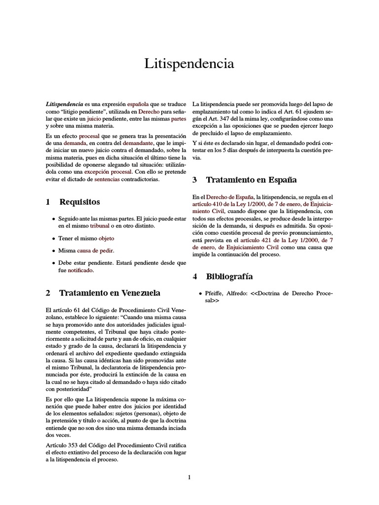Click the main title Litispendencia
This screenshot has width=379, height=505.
pyautogui.click(x=189, y=64)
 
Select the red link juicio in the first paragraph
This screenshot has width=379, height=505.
pyautogui.click(x=95, y=119)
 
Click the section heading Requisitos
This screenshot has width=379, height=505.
pyautogui.click(x=79, y=202)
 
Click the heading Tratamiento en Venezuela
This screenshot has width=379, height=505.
pyautogui.click(x=110, y=293)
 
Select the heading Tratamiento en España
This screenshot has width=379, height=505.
pyautogui.click(x=251, y=180)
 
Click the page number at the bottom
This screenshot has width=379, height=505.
pyautogui.click(x=189, y=477)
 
